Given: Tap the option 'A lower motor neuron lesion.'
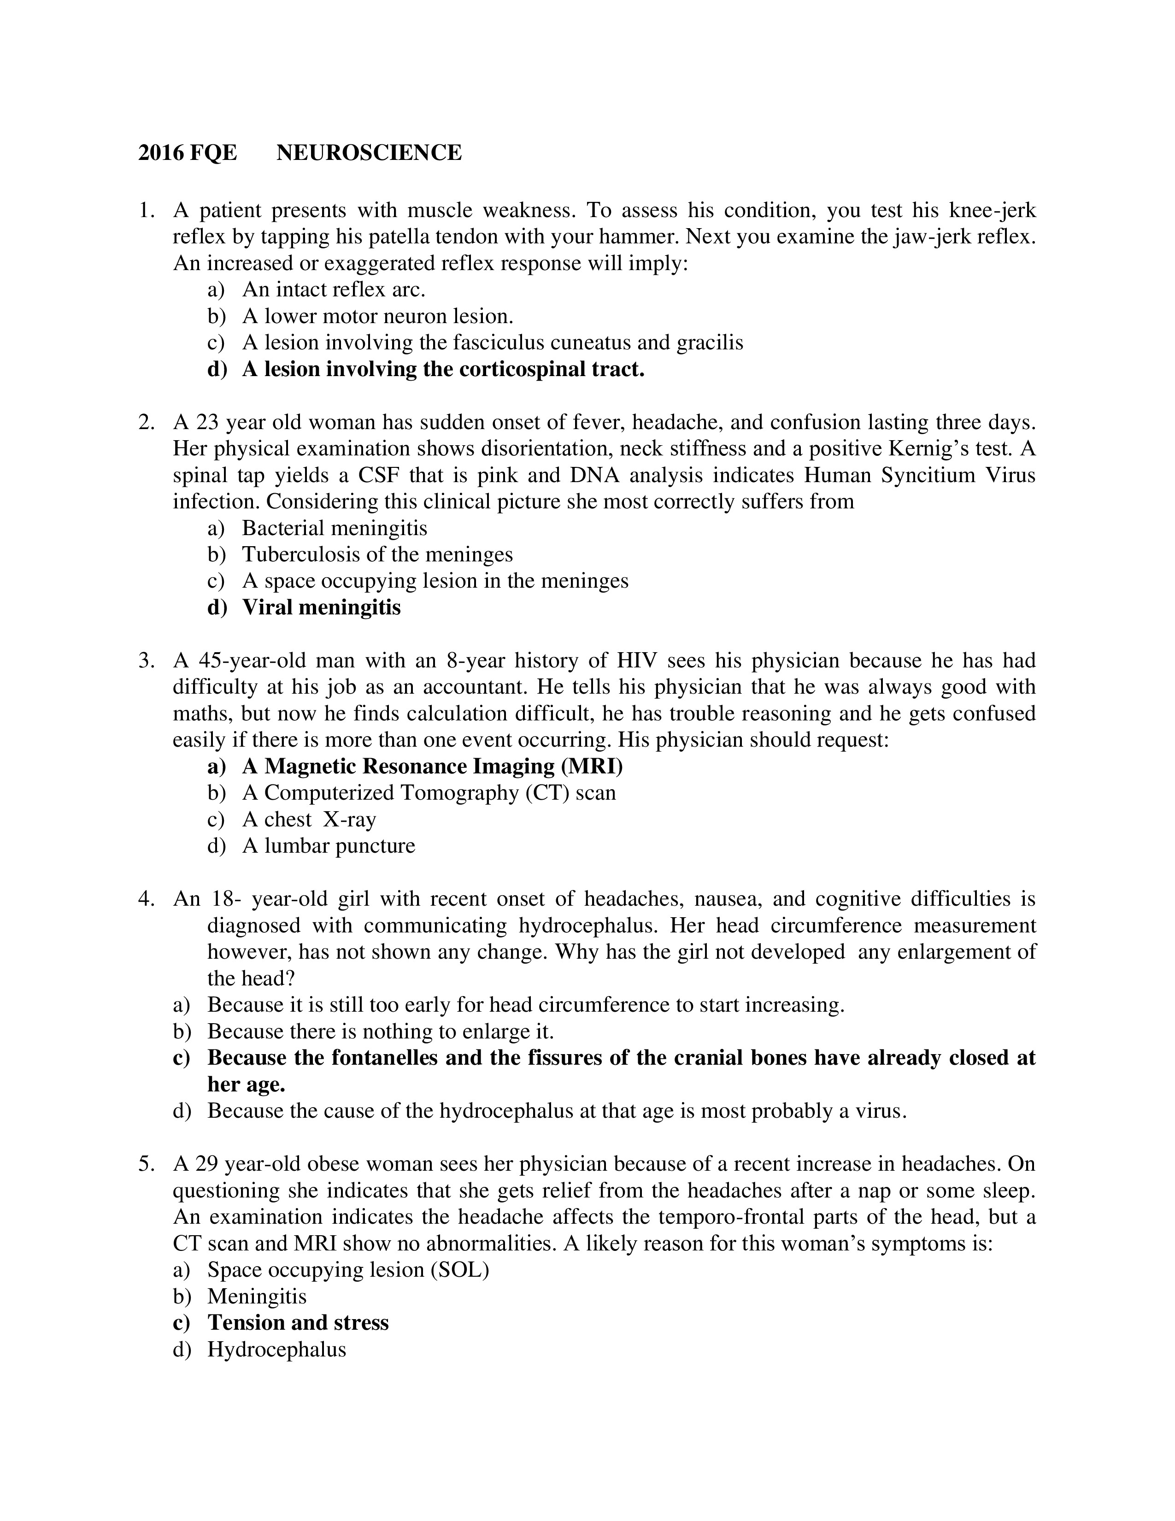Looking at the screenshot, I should point(377,316).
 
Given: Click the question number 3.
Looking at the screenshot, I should point(146,660).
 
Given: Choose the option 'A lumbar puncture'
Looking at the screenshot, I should point(328,845).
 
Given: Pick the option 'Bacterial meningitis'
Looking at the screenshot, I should point(334,528).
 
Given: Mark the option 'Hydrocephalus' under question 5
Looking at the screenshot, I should point(276,1349).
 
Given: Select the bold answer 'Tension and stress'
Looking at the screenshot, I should point(298,1322).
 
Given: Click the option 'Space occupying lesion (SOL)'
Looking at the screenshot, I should point(348,1270).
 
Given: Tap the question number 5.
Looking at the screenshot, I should point(146,1164).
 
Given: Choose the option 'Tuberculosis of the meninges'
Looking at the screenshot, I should point(377,554).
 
